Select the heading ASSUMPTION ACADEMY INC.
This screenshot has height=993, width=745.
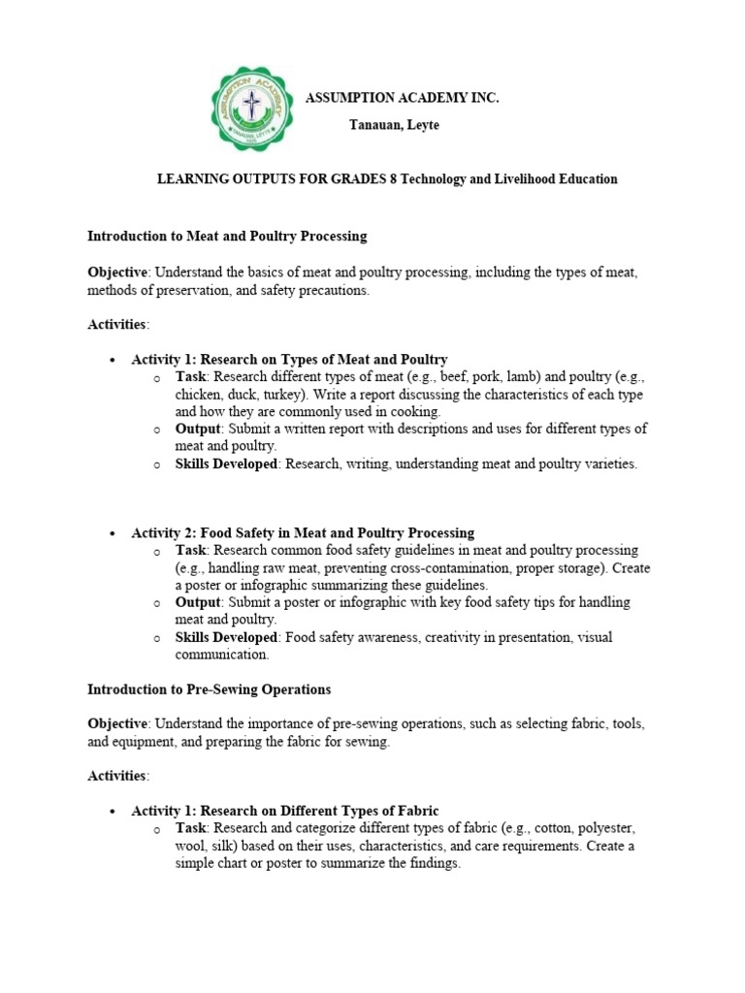point(403,99)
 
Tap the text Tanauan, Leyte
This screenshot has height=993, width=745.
point(394,125)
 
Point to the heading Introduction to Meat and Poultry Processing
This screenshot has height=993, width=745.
point(227,236)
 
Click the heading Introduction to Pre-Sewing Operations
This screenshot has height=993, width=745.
point(209,689)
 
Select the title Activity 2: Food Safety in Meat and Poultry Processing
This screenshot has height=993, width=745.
point(303,532)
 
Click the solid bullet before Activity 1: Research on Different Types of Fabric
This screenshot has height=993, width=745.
point(113,811)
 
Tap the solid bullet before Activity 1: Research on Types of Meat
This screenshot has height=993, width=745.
point(113,360)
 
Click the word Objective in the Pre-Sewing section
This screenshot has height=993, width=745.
point(117,724)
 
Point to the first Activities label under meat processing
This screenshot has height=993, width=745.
point(118,323)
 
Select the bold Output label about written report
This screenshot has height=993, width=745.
point(198,429)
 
